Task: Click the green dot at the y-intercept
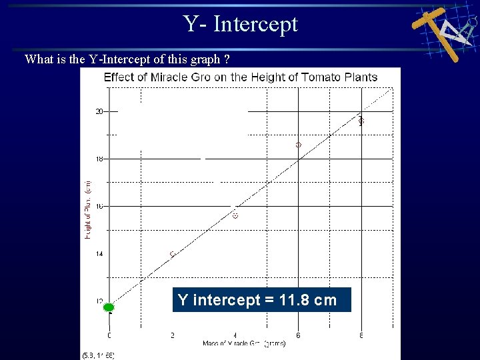coord(109,307)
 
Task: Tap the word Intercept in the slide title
coord(256,24)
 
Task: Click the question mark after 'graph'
coord(227,59)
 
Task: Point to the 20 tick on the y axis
coord(99,111)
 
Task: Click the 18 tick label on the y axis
coord(99,159)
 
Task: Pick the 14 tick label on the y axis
coord(99,254)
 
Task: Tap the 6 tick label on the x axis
coord(298,335)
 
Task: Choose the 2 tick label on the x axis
coord(173,335)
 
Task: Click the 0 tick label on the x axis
coord(109,335)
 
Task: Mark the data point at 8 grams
coord(361,121)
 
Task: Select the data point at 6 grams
coord(298,145)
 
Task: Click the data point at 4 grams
coord(235,215)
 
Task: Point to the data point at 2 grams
coord(173,254)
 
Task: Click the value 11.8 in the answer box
coord(295,300)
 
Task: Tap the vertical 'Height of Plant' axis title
coord(88,210)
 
